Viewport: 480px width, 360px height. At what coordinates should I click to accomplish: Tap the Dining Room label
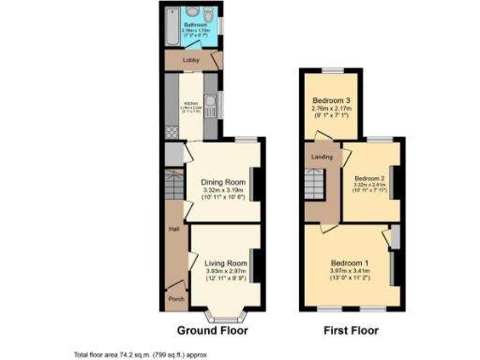pyautogui.click(x=224, y=181)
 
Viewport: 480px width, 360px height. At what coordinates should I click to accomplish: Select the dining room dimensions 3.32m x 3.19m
pyautogui.click(x=224, y=190)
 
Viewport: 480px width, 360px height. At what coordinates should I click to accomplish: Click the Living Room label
pyautogui.click(x=226, y=263)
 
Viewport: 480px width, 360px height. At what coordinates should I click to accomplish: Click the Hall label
pyautogui.click(x=173, y=228)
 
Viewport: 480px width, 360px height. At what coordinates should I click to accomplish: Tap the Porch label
pyautogui.click(x=174, y=299)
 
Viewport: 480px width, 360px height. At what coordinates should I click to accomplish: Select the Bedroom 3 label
pyautogui.click(x=332, y=100)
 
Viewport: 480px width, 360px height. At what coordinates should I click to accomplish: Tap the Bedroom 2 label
pyautogui.click(x=369, y=177)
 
